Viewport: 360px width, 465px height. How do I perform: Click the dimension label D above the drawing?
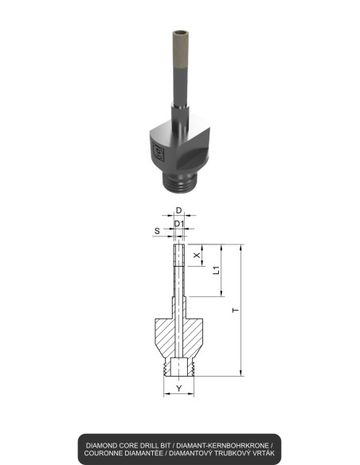(x=179, y=210)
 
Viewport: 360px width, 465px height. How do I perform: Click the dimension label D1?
(x=180, y=223)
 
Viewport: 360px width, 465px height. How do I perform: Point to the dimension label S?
(x=157, y=231)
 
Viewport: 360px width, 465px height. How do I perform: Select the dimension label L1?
(x=216, y=272)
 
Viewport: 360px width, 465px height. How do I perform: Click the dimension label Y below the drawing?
(x=179, y=389)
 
